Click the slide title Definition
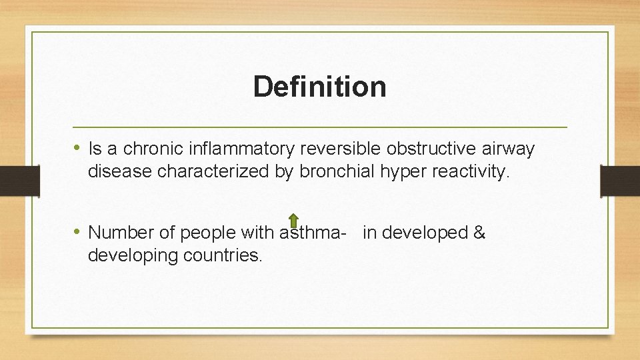pos(319,87)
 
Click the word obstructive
pos(427,149)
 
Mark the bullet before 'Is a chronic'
pos(77,149)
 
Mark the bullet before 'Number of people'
pos(77,232)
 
